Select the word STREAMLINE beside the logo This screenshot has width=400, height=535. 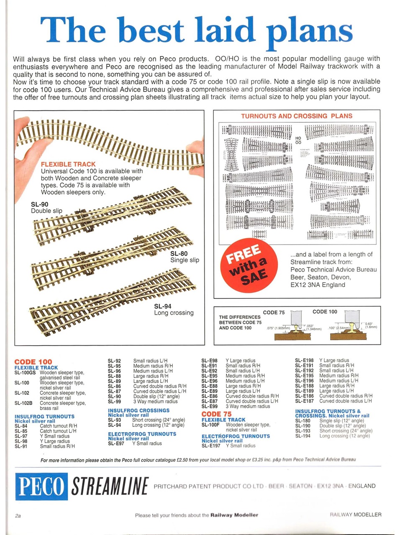pyautogui.click(x=110, y=487)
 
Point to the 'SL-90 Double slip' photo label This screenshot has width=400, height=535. pyautogui.click(x=46, y=208)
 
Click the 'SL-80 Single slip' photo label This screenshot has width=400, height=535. pyautogui.click(x=185, y=257)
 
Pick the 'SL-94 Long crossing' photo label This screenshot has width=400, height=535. pyautogui.click(x=174, y=309)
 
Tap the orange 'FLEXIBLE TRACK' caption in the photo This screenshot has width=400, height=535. pyautogui.click(x=68, y=164)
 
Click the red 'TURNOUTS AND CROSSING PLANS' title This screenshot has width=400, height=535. pyautogui.click(x=296, y=116)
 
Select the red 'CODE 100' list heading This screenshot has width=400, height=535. pyautogui.click(x=33, y=362)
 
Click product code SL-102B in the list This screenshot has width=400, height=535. pyautogui.click(x=25, y=403)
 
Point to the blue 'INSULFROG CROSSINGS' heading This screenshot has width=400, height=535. pyautogui.click(x=138, y=410)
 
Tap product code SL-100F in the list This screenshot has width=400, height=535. pyautogui.click(x=210, y=425)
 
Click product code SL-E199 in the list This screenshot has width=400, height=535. pyautogui.click(x=209, y=406)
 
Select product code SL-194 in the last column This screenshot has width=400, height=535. pyautogui.click(x=303, y=436)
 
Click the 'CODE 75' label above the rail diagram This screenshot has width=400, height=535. pyautogui.click(x=274, y=313)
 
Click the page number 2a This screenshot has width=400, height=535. pyautogui.click(x=18, y=516)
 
